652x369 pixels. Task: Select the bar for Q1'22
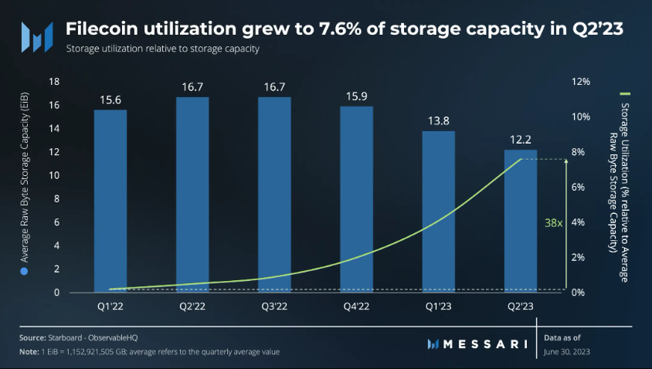click(x=110, y=201)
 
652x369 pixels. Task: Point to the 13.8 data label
click(x=438, y=120)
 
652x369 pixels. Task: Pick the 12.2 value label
click(x=520, y=139)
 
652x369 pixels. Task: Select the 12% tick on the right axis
click(x=581, y=82)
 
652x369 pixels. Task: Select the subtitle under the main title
click(x=161, y=49)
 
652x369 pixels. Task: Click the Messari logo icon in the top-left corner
click(x=36, y=36)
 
